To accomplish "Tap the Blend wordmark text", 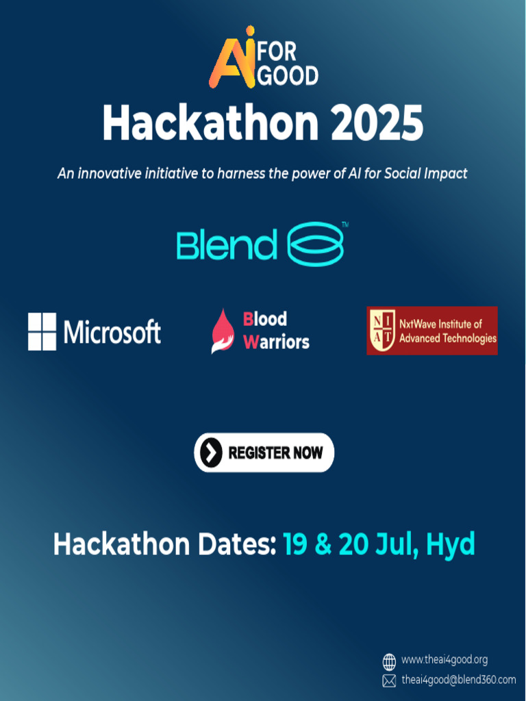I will click(226, 245).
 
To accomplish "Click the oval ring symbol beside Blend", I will click(314, 244).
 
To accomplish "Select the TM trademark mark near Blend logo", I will click(345, 225).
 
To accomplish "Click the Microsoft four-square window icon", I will click(42, 331).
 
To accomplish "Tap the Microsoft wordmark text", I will click(112, 332).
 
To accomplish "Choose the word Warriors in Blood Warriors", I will click(277, 342).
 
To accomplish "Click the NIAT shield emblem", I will click(383, 331).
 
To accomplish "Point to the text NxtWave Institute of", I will click(440, 323).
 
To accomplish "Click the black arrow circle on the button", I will click(212, 453).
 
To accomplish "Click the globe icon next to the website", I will click(389, 661).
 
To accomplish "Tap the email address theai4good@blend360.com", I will click(458, 680).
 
